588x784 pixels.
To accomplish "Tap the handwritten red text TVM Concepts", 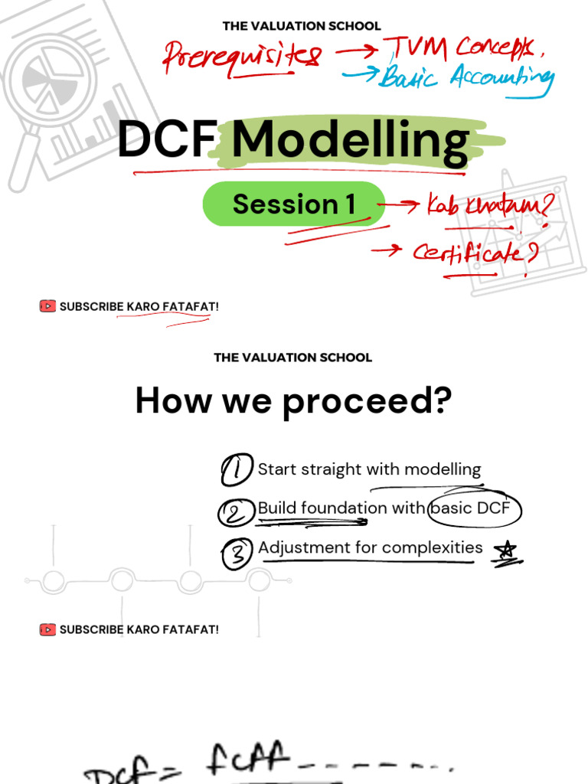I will (x=459, y=49).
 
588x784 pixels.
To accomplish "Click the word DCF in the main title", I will (x=164, y=142).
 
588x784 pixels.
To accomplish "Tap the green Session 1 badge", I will (x=294, y=204).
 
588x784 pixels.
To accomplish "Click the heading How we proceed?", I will (x=293, y=401).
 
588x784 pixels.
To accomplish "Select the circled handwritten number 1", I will (x=237, y=470).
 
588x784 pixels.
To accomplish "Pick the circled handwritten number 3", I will (x=238, y=554).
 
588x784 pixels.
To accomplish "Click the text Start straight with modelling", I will (x=369, y=469).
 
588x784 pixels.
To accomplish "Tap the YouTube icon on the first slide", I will (x=47, y=306).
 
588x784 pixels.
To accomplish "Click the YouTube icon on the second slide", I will (x=47, y=629).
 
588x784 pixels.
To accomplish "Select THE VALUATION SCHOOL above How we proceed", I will (x=293, y=358).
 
